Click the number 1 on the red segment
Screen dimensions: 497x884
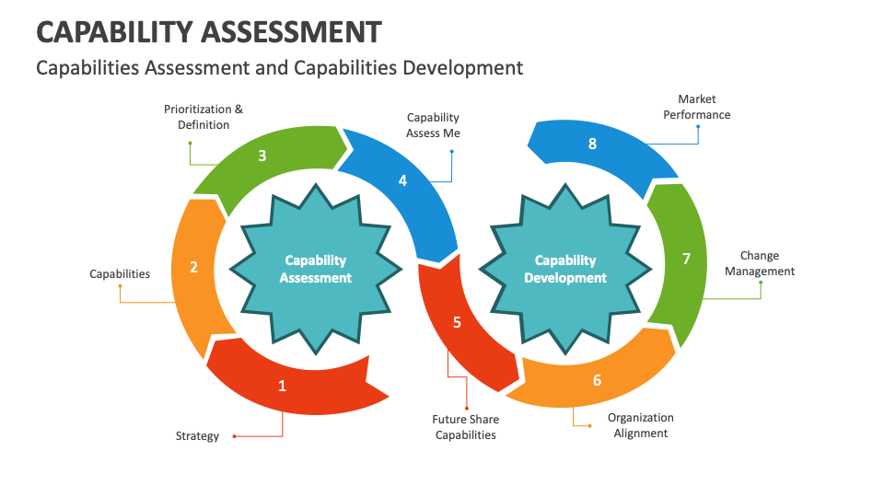click(283, 386)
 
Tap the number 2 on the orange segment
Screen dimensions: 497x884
click(193, 267)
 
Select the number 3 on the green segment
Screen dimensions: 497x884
click(262, 156)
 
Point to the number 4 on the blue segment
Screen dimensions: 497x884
click(402, 180)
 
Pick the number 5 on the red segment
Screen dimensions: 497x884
click(457, 322)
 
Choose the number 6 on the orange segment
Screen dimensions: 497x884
click(597, 379)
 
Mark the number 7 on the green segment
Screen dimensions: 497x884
click(686, 259)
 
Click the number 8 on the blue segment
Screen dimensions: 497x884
click(592, 143)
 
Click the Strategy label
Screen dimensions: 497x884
click(197, 435)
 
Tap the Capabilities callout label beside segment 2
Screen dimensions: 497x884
click(120, 273)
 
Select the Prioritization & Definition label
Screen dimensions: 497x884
click(204, 117)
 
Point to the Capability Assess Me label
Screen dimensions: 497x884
click(433, 125)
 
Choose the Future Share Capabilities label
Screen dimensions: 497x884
click(466, 427)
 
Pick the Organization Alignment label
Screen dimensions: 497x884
click(641, 425)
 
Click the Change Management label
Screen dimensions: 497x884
click(760, 263)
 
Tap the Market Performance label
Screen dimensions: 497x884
click(697, 107)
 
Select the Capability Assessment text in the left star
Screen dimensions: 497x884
click(316, 269)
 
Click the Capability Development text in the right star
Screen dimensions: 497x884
click(565, 269)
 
